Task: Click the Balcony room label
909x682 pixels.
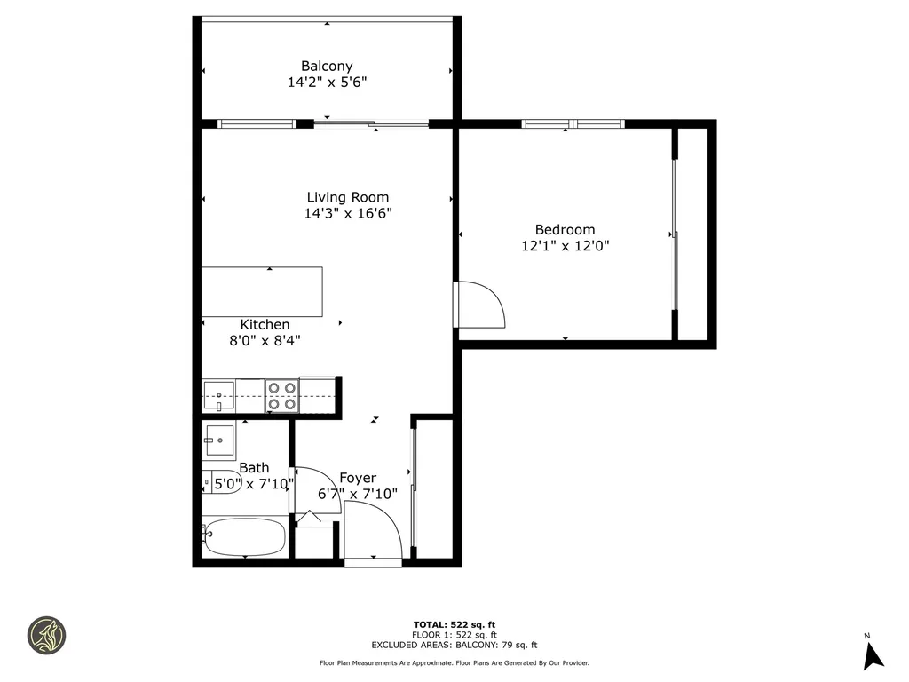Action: [327, 66]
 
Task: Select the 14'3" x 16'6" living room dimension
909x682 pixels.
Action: [348, 213]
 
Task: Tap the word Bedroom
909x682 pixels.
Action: [565, 230]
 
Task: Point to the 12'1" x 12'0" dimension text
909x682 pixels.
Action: [565, 246]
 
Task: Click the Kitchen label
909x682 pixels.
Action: [265, 325]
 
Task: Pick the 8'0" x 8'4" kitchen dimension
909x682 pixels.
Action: [265, 340]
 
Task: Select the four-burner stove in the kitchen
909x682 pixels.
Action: [282, 396]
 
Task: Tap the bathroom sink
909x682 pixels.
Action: [218, 438]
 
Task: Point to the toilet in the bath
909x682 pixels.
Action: [217, 482]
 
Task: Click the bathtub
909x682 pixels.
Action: [243, 536]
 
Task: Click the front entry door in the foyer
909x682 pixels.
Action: [373, 531]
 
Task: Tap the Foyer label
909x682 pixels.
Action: [358, 478]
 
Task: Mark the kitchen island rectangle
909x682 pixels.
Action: [262, 291]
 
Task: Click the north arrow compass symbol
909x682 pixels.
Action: [873, 654]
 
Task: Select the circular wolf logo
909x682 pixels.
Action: [46, 636]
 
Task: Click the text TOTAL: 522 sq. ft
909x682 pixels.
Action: [454, 624]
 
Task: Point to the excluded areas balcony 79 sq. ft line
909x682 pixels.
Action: [454, 646]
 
